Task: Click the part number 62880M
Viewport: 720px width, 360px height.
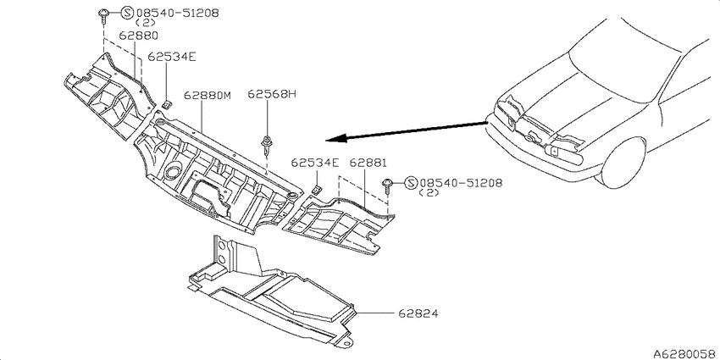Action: tap(207, 96)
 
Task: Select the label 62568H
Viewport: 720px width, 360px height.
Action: tap(272, 94)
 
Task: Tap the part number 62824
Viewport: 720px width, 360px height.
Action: tap(418, 313)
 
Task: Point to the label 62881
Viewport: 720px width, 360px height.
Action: tap(368, 163)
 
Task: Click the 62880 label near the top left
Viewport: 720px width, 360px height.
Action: tap(139, 36)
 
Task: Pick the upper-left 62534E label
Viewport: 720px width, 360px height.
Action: tap(172, 57)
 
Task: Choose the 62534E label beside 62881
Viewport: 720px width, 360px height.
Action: tap(315, 163)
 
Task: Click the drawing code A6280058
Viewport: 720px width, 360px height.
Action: tap(686, 353)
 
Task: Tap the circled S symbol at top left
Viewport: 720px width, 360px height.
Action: tap(127, 13)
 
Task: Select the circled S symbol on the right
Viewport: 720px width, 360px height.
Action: tap(411, 183)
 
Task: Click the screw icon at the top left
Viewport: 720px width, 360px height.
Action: tap(103, 16)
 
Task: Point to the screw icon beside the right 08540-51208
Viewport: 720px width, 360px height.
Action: tap(388, 186)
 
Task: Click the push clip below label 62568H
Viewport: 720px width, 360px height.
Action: tap(266, 144)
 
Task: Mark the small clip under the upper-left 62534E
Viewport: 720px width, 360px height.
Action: tap(168, 104)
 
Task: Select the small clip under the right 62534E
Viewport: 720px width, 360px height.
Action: tap(317, 189)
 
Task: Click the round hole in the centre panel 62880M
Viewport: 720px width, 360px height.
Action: tap(173, 172)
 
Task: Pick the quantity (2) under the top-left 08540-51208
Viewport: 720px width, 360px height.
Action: tap(146, 23)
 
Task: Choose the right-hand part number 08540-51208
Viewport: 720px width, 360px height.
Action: tap(461, 183)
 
